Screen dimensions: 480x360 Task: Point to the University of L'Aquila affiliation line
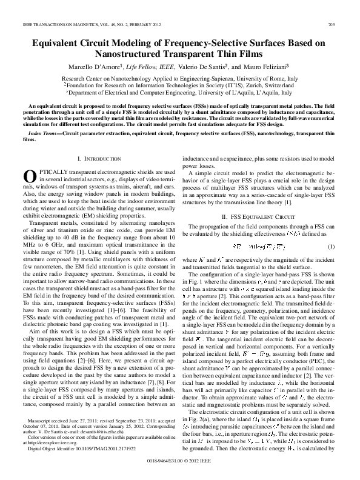tap(179, 93)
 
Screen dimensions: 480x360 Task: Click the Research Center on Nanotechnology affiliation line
tap(179, 79)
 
